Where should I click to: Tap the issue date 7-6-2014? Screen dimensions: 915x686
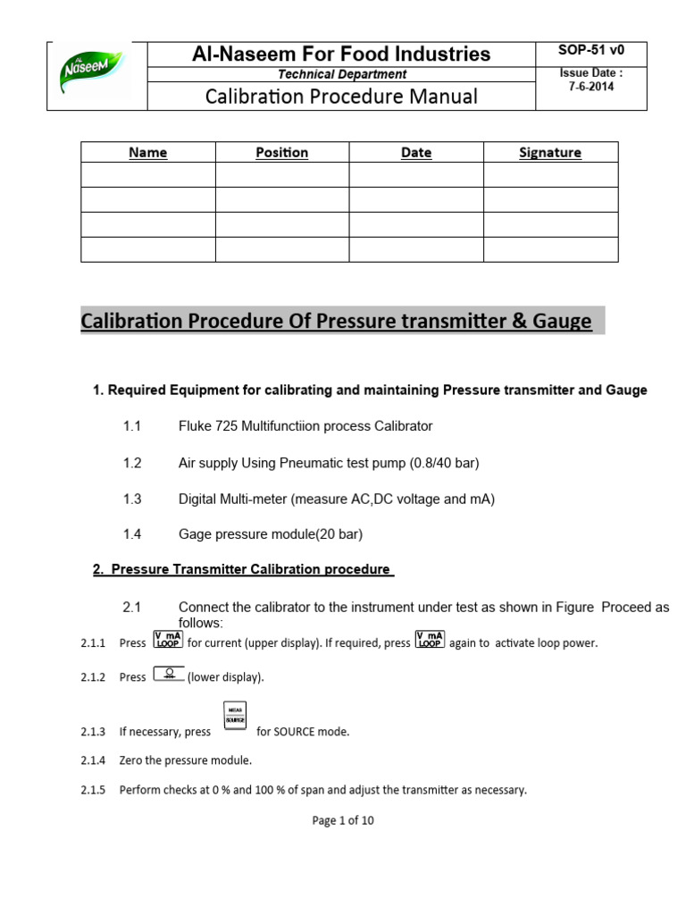591,88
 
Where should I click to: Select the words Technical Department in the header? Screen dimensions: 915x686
342,74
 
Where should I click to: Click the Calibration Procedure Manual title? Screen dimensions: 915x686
342,97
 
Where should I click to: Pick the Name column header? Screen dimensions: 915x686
148,153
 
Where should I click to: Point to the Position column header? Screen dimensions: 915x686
281,153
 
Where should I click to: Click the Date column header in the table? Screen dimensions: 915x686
416,153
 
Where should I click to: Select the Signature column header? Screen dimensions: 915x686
550,153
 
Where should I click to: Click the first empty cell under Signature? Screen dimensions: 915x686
550,175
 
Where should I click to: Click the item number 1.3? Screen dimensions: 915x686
132,499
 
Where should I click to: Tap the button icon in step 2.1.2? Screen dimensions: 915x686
169,676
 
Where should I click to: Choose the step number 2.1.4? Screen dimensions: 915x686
93,760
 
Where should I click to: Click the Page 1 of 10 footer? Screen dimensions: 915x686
343,821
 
